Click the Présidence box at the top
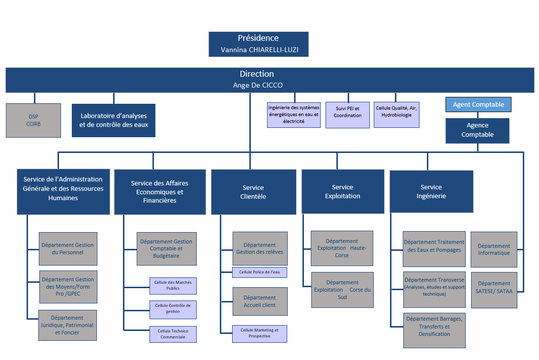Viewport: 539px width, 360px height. (x=258, y=44)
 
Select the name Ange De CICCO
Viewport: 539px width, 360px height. (x=258, y=85)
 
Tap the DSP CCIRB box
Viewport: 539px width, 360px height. (x=33, y=120)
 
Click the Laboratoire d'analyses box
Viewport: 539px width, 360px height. (x=114, y=120)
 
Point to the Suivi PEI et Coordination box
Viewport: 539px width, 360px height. (x=347, y=112)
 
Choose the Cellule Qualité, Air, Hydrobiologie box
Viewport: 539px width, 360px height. (x=396, y=112)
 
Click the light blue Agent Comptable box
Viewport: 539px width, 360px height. (x=478, y=104)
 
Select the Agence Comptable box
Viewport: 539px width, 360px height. (x=477, y=130)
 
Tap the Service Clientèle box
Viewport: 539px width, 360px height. (x=253, y=192)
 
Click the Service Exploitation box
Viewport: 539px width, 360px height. (x=342, y=191)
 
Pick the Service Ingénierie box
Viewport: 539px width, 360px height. (x=431, y=191)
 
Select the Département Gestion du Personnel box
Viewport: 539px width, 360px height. (x=68, y=248)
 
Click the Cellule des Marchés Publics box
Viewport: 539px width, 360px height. (x=173, y=285)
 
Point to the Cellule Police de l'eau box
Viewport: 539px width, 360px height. (x=259, y=272)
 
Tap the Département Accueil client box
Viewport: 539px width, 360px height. (x=260, y=301)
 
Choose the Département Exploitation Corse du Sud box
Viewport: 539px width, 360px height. (x=342, y=290)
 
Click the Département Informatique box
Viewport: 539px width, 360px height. (x=494, y=249)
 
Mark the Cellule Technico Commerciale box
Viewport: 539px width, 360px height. (x=173, y=334)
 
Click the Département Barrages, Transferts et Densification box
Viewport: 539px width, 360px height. (x=434, y=327)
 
